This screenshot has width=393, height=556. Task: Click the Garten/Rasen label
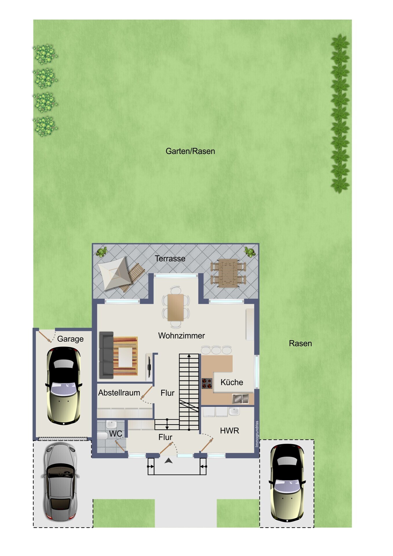pos(190,151)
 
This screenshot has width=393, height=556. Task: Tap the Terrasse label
pos(170,259)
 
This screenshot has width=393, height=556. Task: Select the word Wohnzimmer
pos(181,336)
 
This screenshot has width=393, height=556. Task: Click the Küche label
pos(232,382)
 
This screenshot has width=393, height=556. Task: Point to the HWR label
pos(230,431)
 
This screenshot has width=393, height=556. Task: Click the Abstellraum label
pos(119,393)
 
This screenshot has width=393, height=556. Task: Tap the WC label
pos(116,434)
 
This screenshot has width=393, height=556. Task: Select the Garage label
pos(70,339)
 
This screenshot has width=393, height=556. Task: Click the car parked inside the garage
pos(64,385)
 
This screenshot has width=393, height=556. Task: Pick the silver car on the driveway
pos(60,482)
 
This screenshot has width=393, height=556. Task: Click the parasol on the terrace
pos(114,273)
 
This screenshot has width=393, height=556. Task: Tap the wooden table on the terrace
pos(228,273)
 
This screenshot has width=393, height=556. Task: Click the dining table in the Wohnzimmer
pos(176,307)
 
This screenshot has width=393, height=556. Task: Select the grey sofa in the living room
pos(106,355)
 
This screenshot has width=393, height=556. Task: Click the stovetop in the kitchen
pos(207,383)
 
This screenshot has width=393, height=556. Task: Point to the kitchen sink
pos(240,399)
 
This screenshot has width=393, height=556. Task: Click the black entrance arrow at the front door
pos(169,460)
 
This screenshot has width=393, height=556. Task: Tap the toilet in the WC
pos(102,436)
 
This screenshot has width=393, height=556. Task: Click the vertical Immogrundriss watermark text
pos(257,434)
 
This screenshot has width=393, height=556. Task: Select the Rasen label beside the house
pos(300,343)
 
